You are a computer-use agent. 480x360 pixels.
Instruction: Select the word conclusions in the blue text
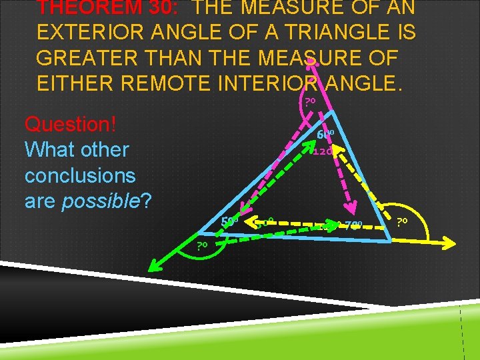pyautogui.click(x=80, y=176)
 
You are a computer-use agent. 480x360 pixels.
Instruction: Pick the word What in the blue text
pyautogui.click(x=51, y=149)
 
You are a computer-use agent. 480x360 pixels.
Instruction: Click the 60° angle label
pyautogui.click(x=325, y=135)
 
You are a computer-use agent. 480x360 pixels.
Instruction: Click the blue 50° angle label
pyautogui.click(x=229, y=221)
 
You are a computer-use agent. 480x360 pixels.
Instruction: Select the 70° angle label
pyautogui.click(x=353, y=225)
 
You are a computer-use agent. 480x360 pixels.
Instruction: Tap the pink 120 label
pyautogui.click(x=323, y=151)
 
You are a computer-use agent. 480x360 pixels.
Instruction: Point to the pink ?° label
pyautogui.click(x=309, y=102)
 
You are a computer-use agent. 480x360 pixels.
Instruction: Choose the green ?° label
pyautogui.click(x=202, y=246)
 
